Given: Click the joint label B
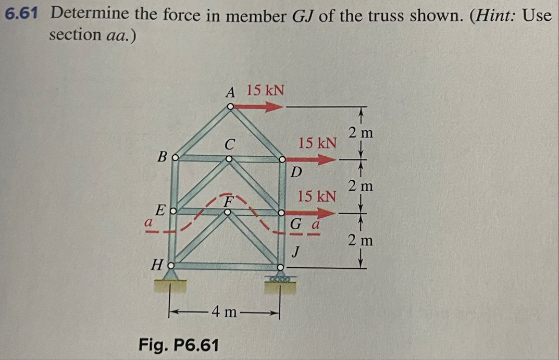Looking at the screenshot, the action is point(162,156).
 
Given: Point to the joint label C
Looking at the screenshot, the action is point(230,142).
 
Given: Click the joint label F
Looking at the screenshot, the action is point(228,201).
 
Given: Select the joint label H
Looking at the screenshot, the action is point(157,266).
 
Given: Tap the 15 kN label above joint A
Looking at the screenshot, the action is point(265,90).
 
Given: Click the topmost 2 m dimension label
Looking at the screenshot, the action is point(361,133).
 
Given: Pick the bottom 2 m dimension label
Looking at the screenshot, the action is point(361,241).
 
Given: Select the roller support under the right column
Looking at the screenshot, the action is point(282,278).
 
